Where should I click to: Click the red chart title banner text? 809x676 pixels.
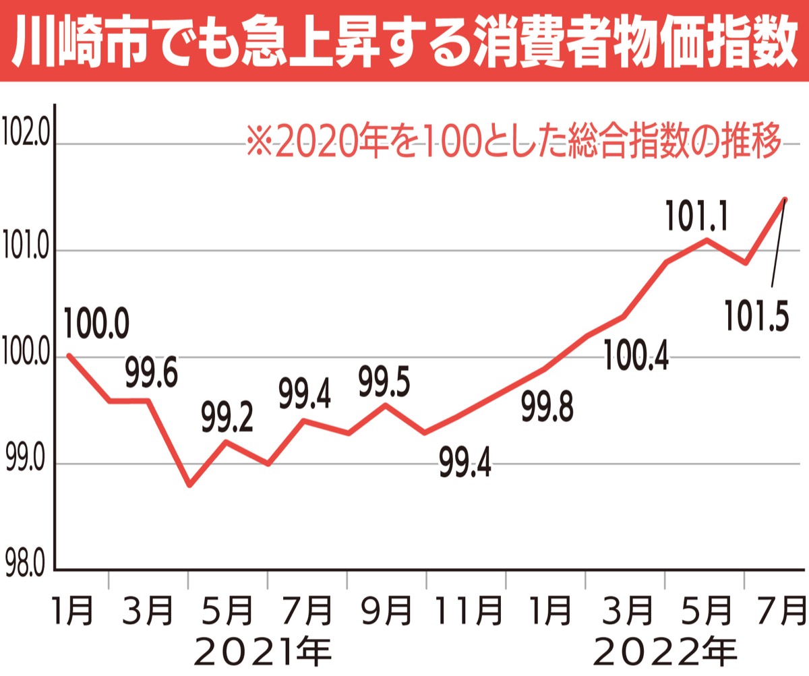tap(404, 39)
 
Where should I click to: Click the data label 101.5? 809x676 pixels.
tap(756, 315)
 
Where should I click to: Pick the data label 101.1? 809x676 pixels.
tap(695, 216)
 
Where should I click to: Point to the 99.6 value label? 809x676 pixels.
tap(152, 375)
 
